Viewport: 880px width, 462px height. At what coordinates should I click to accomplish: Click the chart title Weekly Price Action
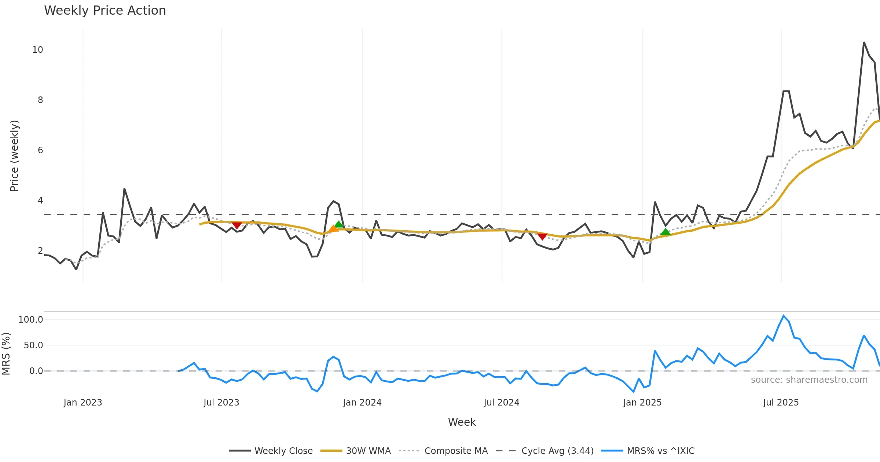tap(105, 10)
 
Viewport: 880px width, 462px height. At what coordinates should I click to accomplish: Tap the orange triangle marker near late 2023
tap(333, 229)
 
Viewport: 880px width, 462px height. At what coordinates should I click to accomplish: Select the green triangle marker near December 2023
tap(339, 224)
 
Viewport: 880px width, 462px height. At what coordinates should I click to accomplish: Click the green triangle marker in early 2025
tap(665, 232)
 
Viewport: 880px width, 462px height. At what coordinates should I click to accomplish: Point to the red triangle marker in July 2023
tap(237, 225)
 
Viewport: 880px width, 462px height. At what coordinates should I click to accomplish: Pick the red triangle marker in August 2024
tap(542, 236)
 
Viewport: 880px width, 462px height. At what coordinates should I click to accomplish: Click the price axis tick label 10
tap(37, 50)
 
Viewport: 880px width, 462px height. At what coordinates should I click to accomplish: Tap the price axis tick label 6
tap(40, 150)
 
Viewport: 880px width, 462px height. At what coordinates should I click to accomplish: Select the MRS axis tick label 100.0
tap(31, 320)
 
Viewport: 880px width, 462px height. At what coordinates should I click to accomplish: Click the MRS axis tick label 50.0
tap(33, 345)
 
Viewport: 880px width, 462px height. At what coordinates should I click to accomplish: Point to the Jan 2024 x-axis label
tap(362, 403)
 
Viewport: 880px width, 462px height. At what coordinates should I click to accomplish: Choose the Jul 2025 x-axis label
tap(781, 403)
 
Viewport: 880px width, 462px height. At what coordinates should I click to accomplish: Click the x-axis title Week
tap(462, 422)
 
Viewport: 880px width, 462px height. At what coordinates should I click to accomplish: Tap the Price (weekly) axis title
tap(14, 156)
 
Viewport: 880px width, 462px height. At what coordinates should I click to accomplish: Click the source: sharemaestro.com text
tap(809, 380)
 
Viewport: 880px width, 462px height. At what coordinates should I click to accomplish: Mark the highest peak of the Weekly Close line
tap(864, 43)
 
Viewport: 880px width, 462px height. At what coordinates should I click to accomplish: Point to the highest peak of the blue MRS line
tap(784, 316)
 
